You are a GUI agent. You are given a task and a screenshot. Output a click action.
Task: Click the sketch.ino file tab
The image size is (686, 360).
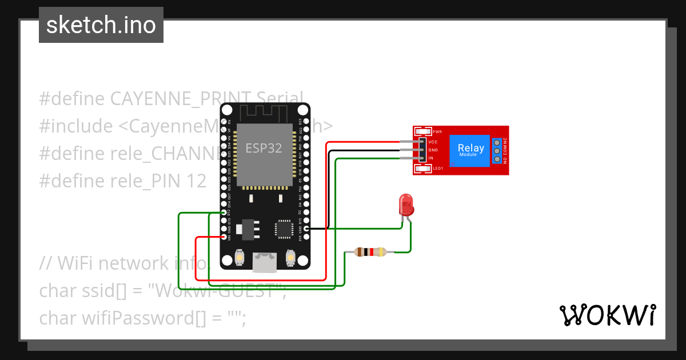101,25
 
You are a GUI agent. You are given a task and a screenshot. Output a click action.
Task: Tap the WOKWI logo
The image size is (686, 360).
607,315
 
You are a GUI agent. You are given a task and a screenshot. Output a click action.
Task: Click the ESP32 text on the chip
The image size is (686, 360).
264,148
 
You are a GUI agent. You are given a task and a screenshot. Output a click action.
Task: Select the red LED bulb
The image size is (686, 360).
406,204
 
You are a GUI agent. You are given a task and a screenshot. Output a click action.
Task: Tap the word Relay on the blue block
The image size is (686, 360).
470,148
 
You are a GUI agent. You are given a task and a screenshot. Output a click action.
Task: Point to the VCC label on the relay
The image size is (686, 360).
433,141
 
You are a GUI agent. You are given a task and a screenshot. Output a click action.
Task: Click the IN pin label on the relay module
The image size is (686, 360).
430,158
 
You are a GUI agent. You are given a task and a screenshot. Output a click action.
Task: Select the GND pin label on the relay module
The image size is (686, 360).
433,150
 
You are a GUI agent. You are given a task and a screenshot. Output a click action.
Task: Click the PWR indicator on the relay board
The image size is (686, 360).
437,131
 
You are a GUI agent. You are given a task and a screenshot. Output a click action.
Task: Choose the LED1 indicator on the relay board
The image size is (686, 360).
438,169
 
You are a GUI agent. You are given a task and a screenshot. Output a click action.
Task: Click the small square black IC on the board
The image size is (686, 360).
284,228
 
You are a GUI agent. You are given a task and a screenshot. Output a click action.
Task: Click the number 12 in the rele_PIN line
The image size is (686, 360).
196,181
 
